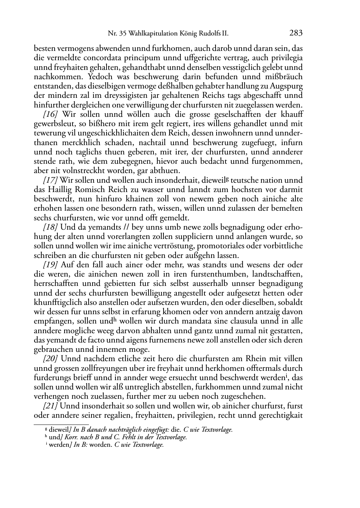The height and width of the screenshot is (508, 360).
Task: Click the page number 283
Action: tap(296, 33)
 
